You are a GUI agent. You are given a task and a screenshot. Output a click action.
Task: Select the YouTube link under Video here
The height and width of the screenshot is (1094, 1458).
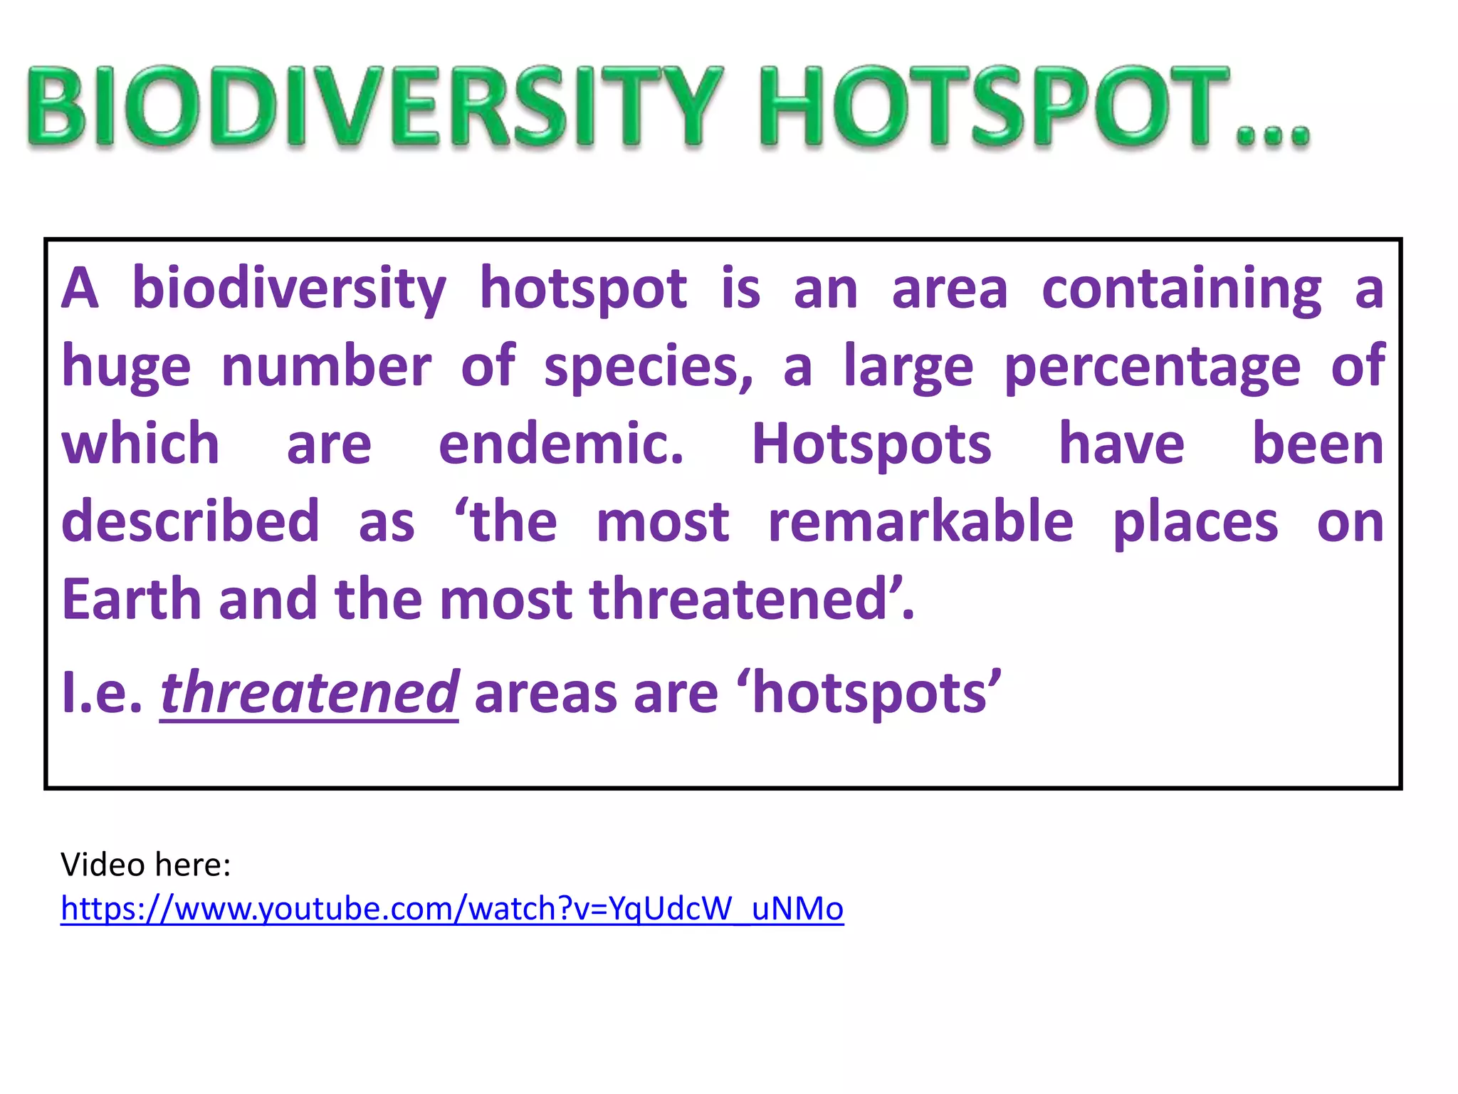click(452, 909)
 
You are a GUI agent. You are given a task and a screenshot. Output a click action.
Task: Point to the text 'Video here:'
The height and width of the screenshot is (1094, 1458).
click(146, 865)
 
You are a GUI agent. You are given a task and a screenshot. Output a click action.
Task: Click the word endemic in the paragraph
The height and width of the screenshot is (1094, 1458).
click(561, 444)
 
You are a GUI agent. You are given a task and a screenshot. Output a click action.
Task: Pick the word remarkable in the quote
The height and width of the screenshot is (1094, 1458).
click(921, 521)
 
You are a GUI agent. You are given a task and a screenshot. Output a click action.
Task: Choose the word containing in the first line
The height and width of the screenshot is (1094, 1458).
click(1182, 289)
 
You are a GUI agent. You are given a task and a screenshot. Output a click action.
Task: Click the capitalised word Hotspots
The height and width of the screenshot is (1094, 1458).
click(871, 444)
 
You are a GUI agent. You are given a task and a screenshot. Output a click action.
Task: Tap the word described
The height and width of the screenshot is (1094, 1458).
click(190, 521)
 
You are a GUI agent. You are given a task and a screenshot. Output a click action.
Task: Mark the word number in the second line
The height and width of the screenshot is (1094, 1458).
click(326, 366)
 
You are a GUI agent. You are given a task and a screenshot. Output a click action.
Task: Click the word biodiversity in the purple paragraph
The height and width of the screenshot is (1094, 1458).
click(289, 289)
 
